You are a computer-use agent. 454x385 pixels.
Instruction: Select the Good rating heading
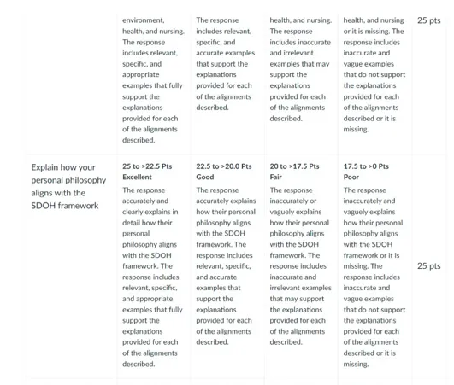point(205,177)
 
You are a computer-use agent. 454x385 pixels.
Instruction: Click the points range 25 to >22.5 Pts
point(151,166)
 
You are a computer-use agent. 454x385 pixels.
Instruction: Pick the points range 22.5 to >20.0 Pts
point(224,166)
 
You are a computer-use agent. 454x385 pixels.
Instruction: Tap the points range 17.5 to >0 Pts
point(366,166)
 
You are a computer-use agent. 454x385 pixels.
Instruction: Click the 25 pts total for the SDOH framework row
point(429,265)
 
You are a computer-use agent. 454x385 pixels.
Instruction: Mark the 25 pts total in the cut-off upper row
point(429,20)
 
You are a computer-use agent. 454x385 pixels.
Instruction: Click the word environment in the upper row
point(144,20)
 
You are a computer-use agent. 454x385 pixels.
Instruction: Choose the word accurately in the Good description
point(214,201)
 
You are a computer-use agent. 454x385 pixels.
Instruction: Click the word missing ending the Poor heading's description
point(356,364)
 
